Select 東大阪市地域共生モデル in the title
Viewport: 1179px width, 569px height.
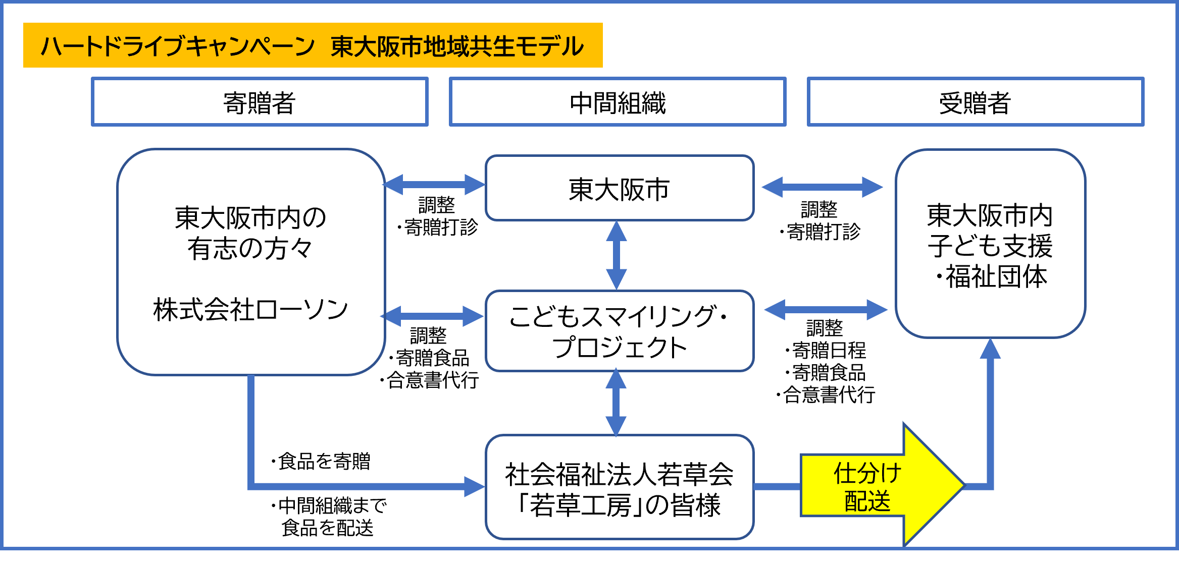457,46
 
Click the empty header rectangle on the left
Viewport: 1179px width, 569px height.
260,101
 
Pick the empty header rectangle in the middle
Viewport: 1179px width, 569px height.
618,101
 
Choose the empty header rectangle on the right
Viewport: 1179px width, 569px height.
976,101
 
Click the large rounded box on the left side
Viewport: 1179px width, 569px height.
251,262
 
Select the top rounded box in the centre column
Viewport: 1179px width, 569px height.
620,188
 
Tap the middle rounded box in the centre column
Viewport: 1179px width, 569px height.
620,330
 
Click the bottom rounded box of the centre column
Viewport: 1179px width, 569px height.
620,487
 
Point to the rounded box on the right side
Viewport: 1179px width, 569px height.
990,243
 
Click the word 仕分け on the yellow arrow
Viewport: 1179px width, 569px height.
867,473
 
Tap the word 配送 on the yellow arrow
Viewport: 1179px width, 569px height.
867,501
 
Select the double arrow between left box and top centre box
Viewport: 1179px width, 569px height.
434,185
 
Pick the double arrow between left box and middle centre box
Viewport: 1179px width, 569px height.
432,316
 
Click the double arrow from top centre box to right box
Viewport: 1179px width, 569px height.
822,187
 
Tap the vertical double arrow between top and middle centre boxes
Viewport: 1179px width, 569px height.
617,255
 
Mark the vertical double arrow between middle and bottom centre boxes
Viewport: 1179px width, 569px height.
616,402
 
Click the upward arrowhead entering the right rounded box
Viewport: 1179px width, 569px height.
990,350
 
